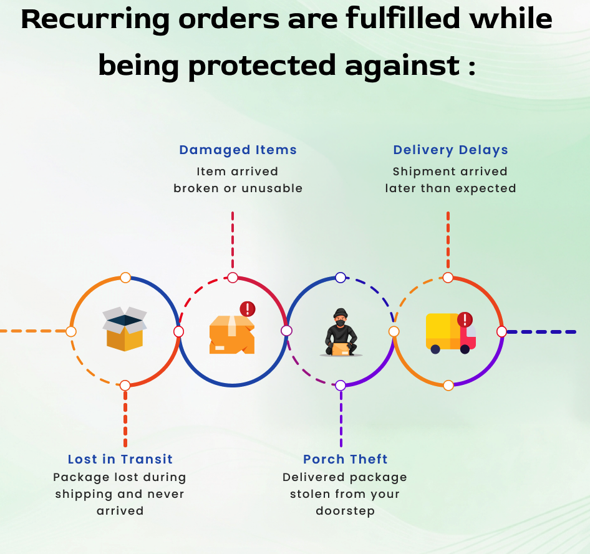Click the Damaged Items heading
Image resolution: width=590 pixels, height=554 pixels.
(x=238, y=150)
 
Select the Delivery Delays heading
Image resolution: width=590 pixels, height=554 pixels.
(x=450, y=150)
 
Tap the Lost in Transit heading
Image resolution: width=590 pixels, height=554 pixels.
(x=120, y=459)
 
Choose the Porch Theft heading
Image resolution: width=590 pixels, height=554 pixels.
(x=346, y=459)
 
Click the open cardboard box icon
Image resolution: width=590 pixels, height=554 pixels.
(x=125, y=329)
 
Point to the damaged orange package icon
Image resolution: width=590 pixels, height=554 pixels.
(x=231, y=334)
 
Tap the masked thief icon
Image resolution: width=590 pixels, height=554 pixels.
(x=341, y=332)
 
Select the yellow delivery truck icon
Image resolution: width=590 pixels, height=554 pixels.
(x=449, y=332)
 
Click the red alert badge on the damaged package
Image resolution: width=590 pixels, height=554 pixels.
(x=248, y=308)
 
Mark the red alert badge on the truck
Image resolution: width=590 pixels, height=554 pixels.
(x=465, y=320)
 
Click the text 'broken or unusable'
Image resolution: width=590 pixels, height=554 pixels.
(x=238, y=188)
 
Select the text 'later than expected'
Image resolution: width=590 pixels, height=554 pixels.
(x=450, y=188)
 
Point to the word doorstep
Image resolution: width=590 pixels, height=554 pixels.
(x=345, y=511)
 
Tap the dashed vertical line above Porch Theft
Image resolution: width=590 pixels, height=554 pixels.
(x=341, y=418)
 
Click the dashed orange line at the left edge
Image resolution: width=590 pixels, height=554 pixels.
(x=31, y=331)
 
